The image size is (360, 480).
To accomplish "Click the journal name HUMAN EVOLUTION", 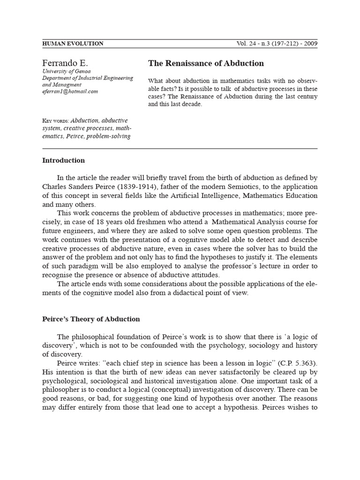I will [x=73, y=44].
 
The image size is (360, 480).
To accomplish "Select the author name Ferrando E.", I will [x=65, y=63].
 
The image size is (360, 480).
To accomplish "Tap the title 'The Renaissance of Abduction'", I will [x=206, y=63].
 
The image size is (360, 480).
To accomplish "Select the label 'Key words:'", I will [x=55, y=120].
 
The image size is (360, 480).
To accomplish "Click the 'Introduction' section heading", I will [x=63, y=160].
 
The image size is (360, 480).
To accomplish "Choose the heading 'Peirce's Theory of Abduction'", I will [x=91, y=319].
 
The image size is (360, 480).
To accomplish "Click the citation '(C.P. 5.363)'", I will [x=299, y=363].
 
